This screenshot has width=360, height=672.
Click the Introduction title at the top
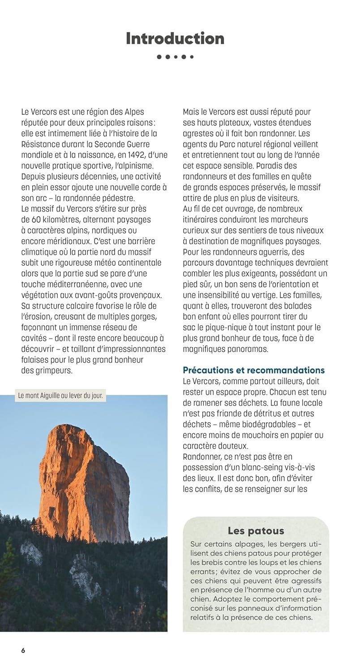pyautogui.click(x=175, y=39)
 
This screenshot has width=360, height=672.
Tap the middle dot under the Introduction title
pyautogui.click(x=175, y=57)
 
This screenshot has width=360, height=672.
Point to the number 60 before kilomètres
pyautogui.click(x=36, y=220)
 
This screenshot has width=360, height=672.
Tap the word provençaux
pyautogui.click(x=137, y=295)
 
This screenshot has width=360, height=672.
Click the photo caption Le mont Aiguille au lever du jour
pyautogui.click(x=60, y=396)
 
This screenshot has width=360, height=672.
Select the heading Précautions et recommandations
pyautogui.click(x=253, y=370)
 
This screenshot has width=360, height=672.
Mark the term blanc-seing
pyautogui.click(x=249, y=467)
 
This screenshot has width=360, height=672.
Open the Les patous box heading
pyautogui.click(x=256, y=531)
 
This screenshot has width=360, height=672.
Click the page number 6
pyautogui.click(x=23, y=650)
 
